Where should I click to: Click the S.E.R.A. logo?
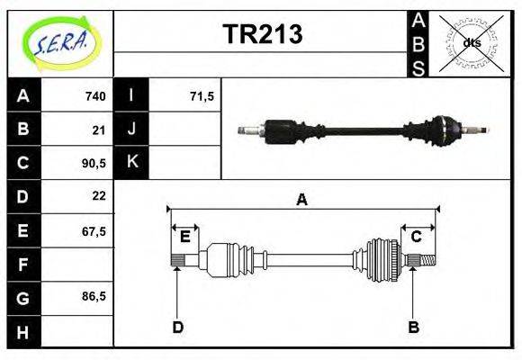click(x=59, y=41)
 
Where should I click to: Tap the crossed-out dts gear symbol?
click(x=471, y=41)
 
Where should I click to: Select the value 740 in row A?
click(x=94, y=96)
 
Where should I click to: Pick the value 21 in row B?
click(x=99, y=130)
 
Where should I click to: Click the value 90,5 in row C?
click(x=94, y=163)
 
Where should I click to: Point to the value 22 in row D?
click(x=99, y=196)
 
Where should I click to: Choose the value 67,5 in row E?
click(x=94, y=230)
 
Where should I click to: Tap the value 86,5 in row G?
click(x=94, y=296)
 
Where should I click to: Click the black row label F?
click(x=22, y=264)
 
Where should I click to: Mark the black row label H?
click(x=22, y=330)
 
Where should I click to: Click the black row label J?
click(x=131, y=130)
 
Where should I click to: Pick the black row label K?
click(x=131, y=163)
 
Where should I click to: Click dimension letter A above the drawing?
click(x=302, y=201)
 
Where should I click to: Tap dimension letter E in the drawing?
click(x=184, y=237)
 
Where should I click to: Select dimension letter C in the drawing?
click(x=416, y=237)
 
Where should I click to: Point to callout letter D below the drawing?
click(x=177, y=327)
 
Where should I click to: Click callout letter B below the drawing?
click(x=413, y=327)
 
